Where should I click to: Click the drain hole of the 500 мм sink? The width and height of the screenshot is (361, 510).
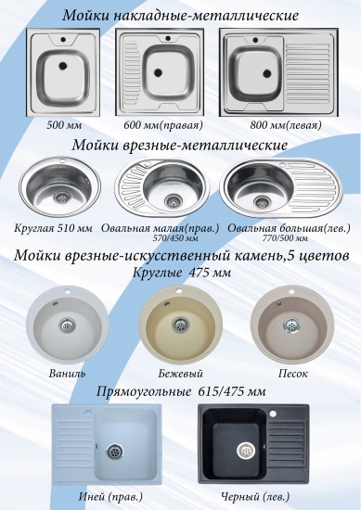click(63, 66)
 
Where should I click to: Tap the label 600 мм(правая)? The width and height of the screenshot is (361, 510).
click(163, 125)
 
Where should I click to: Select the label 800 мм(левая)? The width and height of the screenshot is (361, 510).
click(286, 125)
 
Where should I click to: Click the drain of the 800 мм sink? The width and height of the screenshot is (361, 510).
click(267, 73)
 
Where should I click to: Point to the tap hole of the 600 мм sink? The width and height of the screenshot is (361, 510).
click(168, 38)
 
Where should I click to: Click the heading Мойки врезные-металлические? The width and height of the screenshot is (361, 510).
click(180, 145)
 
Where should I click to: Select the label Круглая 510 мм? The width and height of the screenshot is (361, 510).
click(53, 228)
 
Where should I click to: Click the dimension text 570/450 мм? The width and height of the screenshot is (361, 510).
click(175, 238)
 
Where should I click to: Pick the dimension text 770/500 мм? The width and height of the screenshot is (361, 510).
click(285, 238)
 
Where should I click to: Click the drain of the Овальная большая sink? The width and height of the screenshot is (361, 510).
click(263, 201)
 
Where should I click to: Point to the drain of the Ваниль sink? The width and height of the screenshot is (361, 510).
click(68, 325)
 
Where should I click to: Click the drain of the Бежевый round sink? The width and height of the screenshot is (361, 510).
click(179, 325)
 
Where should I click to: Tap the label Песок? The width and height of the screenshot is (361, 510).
click(292, 374)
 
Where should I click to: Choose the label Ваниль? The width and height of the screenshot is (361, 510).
click(68, 373)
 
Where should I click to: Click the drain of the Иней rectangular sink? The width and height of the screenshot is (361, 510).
click(114, 451)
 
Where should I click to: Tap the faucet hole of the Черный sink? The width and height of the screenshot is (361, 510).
click(273, 414)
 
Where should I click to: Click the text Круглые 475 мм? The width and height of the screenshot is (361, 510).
click(182, 272)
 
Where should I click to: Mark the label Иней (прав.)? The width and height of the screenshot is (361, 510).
click(110, 497)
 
